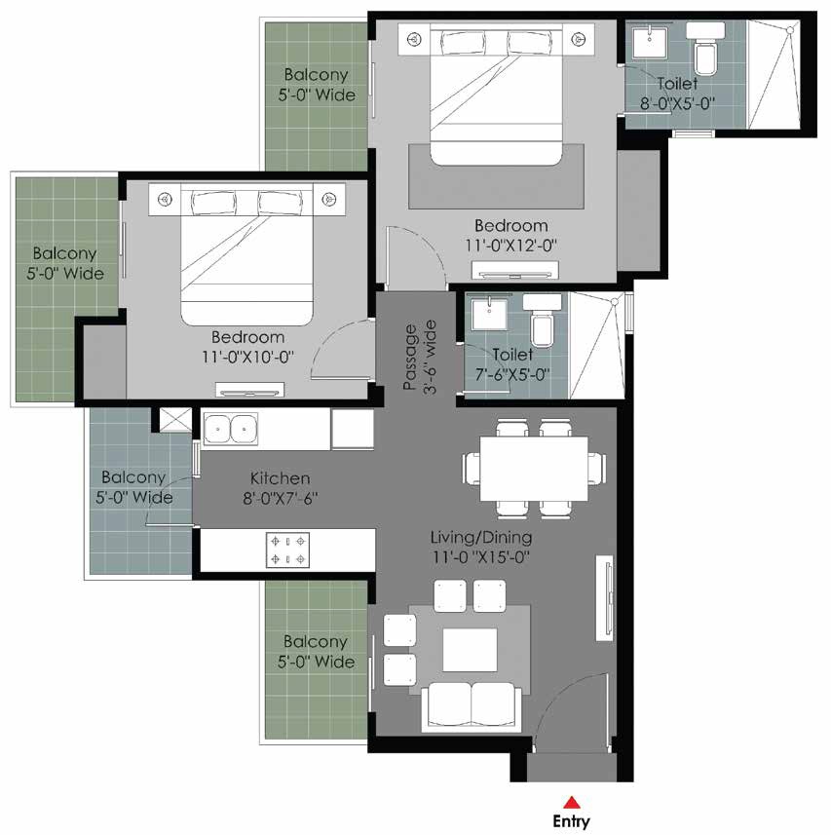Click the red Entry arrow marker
coord(571,803)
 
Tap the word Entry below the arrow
coord(571,821)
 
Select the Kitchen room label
coord(280,477)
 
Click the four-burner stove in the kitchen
coord(287,550)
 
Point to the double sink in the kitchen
coord(230,429)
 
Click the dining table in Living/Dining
coord(534,469)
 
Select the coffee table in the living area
coord(471,650)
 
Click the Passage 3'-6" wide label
coord(420,358)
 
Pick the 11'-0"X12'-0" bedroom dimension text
coord(511,246)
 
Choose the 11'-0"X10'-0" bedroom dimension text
coord(248,357)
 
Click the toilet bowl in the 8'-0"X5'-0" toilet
coord(706,56)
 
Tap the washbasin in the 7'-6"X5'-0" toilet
coord(489,314)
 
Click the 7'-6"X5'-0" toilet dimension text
coord(512,374)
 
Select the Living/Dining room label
coord(481,537)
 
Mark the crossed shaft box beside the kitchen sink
coord(175,420)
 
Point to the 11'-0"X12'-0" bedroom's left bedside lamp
coord(415,39)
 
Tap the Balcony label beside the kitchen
coord(133,476)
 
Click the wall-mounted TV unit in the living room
coord(605,598)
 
